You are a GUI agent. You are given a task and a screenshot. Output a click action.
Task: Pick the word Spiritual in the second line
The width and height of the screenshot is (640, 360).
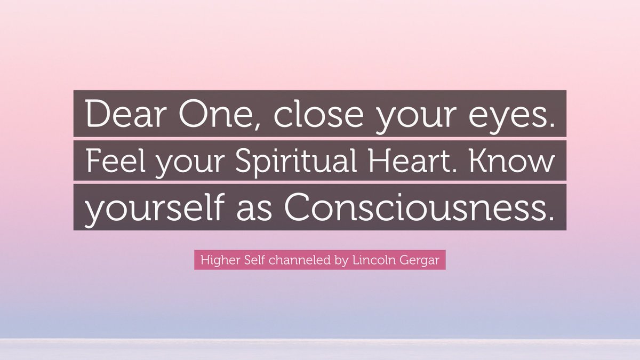point(286,161)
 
